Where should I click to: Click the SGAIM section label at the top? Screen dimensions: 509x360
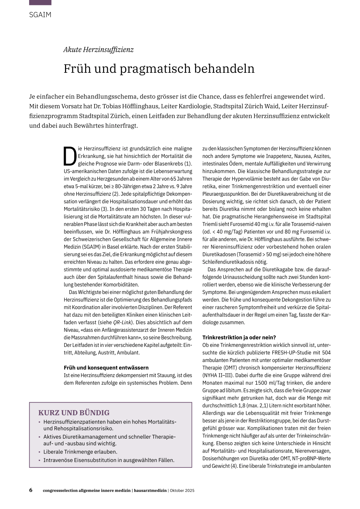coord(40,15)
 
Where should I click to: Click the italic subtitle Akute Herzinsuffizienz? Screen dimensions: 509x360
coord(98,50)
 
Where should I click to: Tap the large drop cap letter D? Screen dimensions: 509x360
coord(70,156)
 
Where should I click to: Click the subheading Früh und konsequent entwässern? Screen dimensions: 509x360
coord(106,368)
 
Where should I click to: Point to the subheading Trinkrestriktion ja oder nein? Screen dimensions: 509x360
coord(239,337)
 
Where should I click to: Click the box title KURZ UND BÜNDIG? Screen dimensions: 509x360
coord(74,413)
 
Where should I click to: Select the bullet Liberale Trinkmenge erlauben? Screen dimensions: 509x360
coord(80,452)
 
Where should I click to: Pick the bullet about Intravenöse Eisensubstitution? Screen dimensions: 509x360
coord(109,460)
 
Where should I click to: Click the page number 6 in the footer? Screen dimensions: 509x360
coord(31,490)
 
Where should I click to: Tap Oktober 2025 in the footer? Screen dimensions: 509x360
coord(182,491)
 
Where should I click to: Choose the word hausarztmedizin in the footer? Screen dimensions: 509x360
coord(150,491)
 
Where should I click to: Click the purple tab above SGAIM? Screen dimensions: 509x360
coord(40,2)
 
